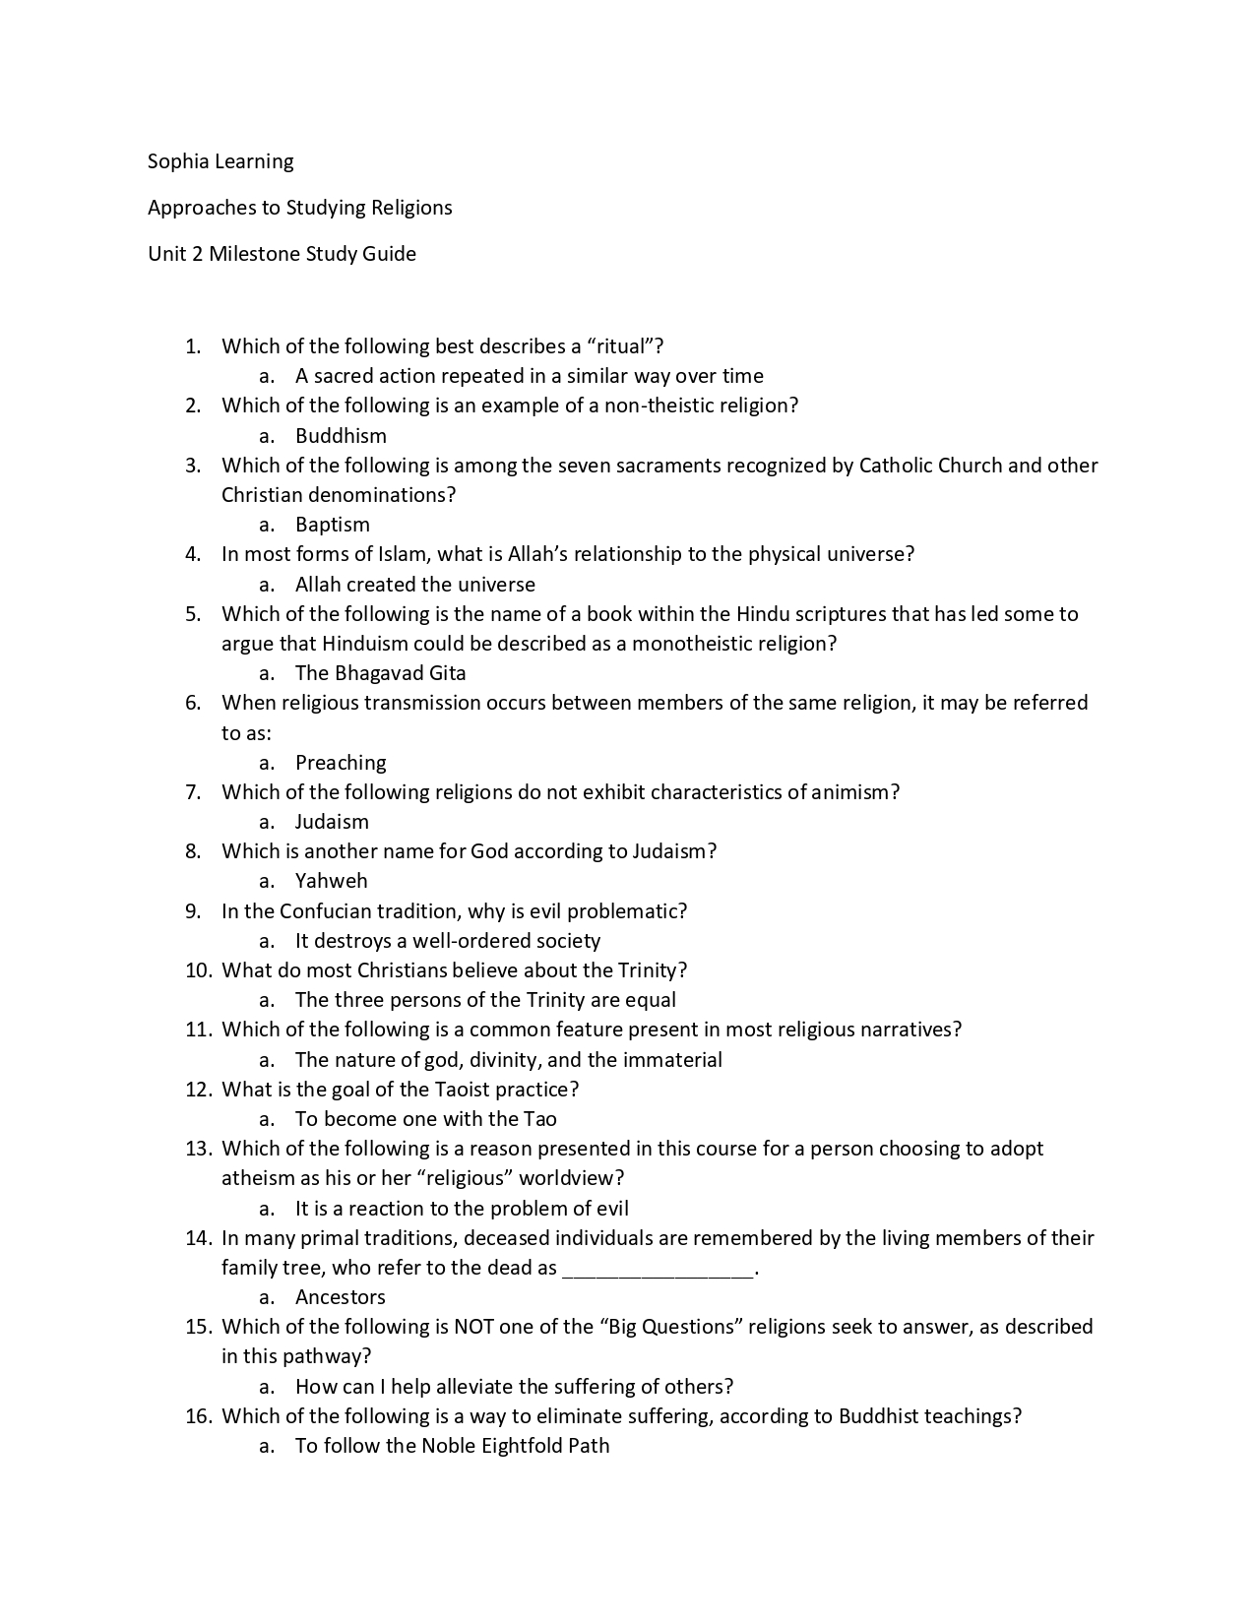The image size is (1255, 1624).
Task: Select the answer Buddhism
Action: (341, 436)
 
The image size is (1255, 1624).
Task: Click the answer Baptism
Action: (333, 525)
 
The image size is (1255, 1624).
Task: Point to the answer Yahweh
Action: (331, 881)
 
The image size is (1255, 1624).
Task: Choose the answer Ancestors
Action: (341, 1297)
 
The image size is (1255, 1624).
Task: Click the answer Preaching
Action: (341, 763)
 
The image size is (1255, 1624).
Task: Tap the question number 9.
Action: (193, 911)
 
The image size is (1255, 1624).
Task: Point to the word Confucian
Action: (326, 911)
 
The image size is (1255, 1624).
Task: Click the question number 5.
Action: (193, 614)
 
